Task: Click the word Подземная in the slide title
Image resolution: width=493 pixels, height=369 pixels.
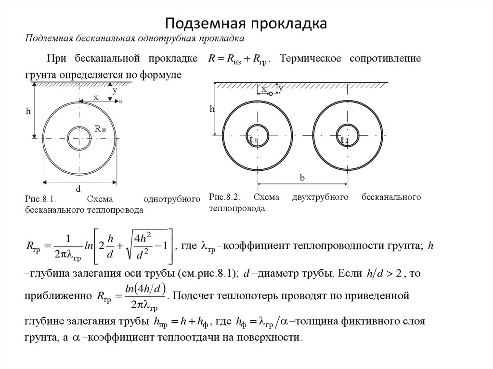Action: (x=205, y=23)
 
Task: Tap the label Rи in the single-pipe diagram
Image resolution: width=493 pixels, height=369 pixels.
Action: (x=100, y=128)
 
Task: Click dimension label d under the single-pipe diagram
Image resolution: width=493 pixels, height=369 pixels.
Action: (x=78, y=188)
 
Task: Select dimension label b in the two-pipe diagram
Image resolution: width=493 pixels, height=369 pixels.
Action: (x=302, y=178)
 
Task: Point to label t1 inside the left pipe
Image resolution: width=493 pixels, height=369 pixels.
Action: (x=251, y=140)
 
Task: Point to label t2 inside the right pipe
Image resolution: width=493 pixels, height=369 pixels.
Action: (x=344, y=140)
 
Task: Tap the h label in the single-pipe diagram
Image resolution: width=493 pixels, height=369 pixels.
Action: (x=28, y=111)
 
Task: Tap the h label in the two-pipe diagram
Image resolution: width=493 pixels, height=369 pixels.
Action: (x=211, y=109)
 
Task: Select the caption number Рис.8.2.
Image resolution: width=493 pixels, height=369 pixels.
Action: (x=225, y=197)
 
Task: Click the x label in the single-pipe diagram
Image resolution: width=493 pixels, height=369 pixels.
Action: (x=96, y=97)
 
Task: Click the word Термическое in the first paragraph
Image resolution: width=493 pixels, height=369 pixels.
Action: (x=310, y=58)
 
